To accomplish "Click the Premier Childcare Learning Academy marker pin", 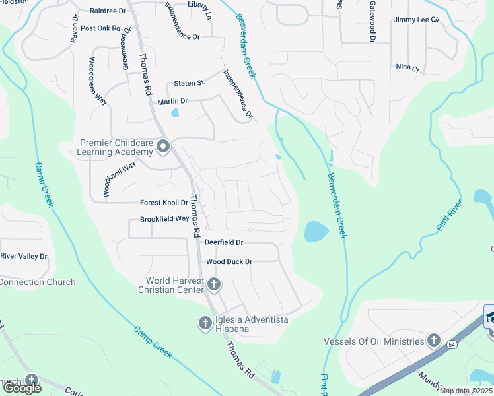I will (x=163, y=147).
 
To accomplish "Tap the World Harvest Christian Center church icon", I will (x=213, y=284).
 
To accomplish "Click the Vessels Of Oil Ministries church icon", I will (x=433, y=341).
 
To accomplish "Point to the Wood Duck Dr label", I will (x=229, y=262).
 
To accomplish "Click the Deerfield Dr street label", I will (x=224, y=242).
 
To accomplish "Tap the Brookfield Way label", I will (x=164, y=219).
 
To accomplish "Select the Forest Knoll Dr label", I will (x=164, y=203).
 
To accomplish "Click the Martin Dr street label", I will (x=173, y=102).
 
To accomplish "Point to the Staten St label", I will (x=190, y=83).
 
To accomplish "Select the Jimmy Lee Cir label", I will (x=417, y=20).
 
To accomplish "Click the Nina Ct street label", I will (x=407, y=67).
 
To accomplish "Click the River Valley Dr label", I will (x=24, y=256).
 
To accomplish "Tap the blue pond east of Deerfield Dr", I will (x=316, y=231).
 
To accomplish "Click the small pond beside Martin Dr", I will (x=174, y=113).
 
